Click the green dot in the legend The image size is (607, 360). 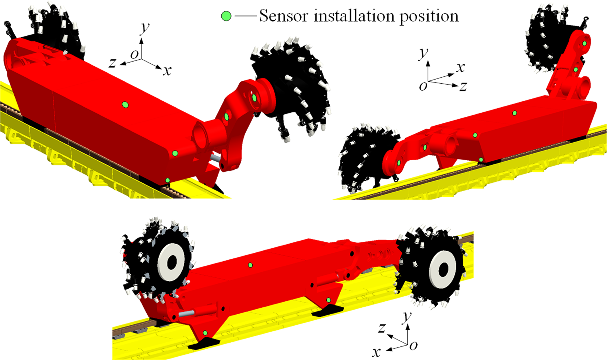point(226,16)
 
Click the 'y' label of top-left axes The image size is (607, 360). point(145,27)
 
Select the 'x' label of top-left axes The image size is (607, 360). point(168,70)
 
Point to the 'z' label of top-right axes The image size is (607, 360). point(463,86)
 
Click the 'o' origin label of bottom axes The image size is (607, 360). point(414,345)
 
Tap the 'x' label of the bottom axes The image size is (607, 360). point(376,352)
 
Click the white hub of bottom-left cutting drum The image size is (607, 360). point(171,262)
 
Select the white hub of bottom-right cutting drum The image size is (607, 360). point(443,269)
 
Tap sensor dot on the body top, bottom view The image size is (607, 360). point(250,265)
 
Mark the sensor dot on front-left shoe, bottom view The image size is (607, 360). point(206,333)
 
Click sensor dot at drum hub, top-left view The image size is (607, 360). point(255,98)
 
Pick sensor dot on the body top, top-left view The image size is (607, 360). point(125,105)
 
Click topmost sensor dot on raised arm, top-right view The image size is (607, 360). point(585,43)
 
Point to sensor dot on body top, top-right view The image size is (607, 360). point(515,113)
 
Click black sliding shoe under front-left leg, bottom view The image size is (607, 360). point(204,344)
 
